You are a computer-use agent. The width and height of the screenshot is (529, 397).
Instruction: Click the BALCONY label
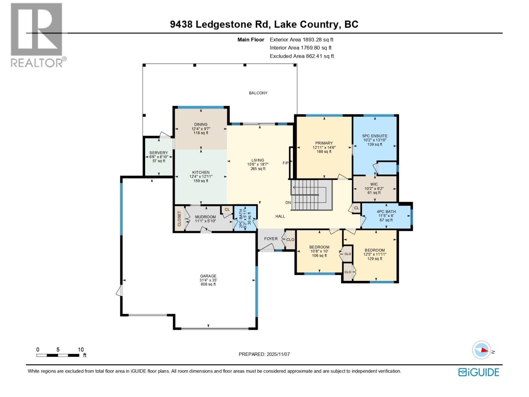point(258,93)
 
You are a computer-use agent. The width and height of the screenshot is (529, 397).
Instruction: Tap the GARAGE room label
point(208,276)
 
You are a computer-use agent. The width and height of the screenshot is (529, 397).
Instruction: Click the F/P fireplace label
point(285,163)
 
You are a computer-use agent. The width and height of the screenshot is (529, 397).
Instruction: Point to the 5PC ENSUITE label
point(375,136)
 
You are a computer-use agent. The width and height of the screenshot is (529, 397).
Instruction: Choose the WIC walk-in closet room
point(374,189)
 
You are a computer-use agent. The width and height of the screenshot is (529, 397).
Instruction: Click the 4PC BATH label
point(386,212)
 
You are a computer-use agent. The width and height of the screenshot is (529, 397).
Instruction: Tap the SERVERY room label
point(158,153)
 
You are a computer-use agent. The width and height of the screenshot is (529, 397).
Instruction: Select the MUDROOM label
point(205,217)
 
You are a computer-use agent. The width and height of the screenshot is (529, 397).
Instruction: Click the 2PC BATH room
point(245,218)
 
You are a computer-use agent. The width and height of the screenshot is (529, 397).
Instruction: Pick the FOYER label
point(271,239)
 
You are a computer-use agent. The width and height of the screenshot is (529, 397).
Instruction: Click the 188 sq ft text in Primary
point(324,152)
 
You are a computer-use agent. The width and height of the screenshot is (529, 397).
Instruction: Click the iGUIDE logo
point(478,372)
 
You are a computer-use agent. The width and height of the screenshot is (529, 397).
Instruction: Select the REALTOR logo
point(37,35)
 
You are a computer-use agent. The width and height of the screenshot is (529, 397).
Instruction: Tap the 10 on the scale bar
point(81,350)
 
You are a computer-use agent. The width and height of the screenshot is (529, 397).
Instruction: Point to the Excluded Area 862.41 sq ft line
point(302,56)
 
